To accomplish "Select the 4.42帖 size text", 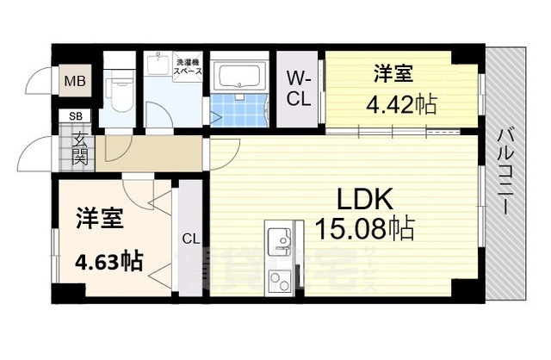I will coord(401,106).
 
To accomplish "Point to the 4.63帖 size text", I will coord(108,259).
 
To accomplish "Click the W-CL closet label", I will coord(298,87).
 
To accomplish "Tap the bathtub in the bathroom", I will coord(240,78).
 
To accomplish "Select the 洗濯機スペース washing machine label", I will coord(189,66).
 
